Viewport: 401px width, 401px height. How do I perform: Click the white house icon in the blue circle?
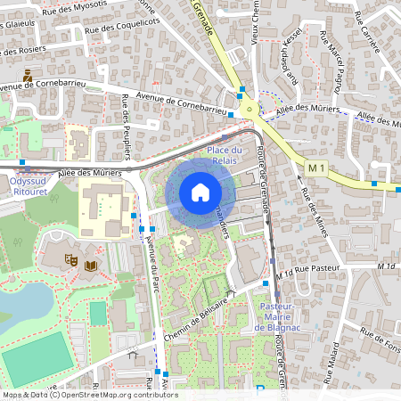(200, 192)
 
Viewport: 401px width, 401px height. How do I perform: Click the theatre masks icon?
(70, 260)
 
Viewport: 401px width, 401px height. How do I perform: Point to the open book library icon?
(90, 265)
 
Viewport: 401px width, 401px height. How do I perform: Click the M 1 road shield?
(315, 168)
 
